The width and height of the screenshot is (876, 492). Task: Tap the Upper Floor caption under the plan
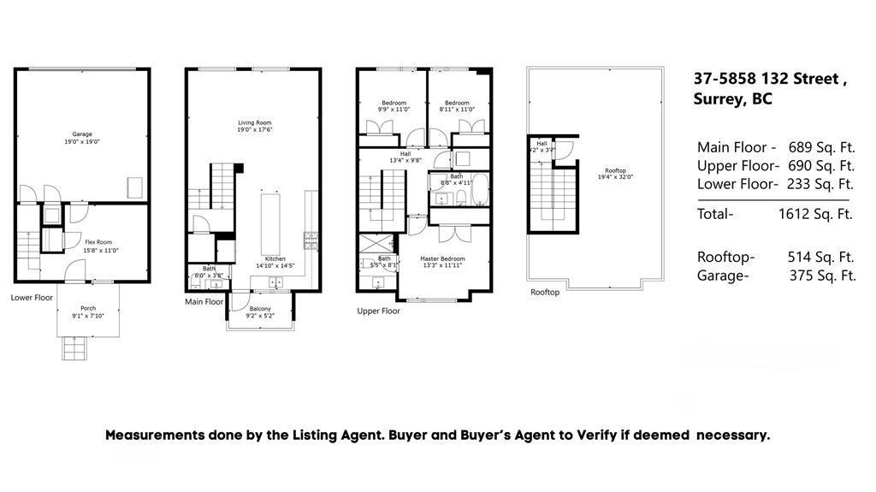click(x=378, y=311)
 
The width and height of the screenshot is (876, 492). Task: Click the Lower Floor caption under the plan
click(x=32, y=298)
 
